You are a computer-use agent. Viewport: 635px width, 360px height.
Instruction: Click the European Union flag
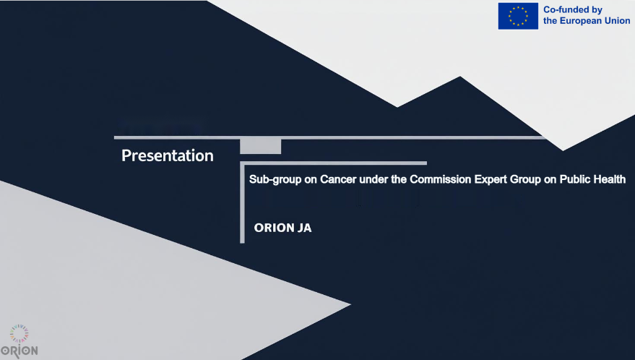pyautogui.click(x=518, y=16)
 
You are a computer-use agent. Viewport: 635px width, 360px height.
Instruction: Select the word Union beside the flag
pyautogui.click(x=617, y=21)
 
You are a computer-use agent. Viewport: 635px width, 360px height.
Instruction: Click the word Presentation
pyautogui.click(x=168, y=155)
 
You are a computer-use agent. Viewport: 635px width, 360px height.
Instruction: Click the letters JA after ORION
pyautogui.click(x=305, y=228)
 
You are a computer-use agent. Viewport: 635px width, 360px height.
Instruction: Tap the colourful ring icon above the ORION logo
pyautogui.click(x=19, y=334)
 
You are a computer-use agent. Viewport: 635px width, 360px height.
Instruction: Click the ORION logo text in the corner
pyautogui.click(x=19, y=351)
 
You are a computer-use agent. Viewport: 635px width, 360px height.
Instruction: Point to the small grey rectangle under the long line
pyautogui.click(x=260, y=146)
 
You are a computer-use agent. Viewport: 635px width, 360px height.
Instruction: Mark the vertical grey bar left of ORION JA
pyautogui.click(x=242, y=202)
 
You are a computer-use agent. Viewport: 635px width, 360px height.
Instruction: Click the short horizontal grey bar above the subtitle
pyautogui.click(x=333, y=163)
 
